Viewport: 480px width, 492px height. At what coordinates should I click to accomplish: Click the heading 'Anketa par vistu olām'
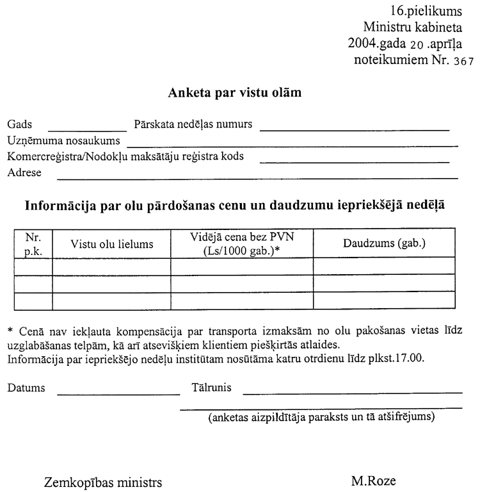235,92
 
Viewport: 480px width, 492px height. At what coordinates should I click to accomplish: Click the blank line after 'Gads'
88,127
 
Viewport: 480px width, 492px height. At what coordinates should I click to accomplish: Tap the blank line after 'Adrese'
258,175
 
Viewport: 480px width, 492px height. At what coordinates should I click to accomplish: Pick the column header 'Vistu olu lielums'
112,243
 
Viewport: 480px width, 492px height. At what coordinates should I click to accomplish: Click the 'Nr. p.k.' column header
33,243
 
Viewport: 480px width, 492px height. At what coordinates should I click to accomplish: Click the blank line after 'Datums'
119,391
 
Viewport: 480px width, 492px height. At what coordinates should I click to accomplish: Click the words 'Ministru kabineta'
416,28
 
